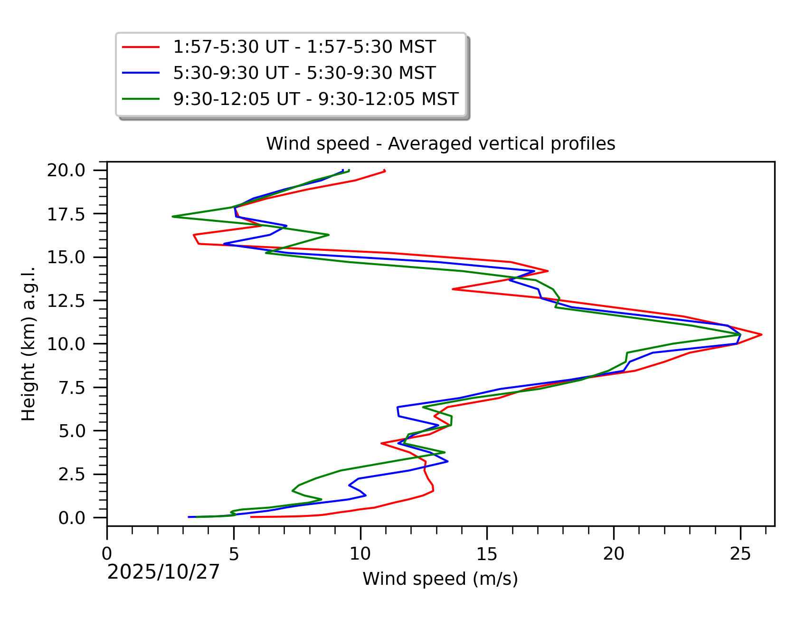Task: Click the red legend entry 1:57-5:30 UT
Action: (304, 47)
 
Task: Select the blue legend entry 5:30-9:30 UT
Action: (304, 73)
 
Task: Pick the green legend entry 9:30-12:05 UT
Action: (315, 99)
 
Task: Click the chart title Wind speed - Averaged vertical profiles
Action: (440, 143)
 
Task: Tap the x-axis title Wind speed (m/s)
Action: (440, 579)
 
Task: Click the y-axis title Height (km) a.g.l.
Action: (28, 343)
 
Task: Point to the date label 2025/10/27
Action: (163, 572)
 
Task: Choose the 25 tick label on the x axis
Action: (740, 554)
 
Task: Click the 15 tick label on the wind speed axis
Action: (487, 554)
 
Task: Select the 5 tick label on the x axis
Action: (234, 554)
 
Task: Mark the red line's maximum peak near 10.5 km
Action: (761, 335)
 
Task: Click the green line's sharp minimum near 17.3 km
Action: (172, 217)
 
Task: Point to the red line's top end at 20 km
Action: (385, 171)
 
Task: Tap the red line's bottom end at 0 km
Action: (251, 517)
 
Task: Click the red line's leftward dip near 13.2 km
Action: (453, 289)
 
